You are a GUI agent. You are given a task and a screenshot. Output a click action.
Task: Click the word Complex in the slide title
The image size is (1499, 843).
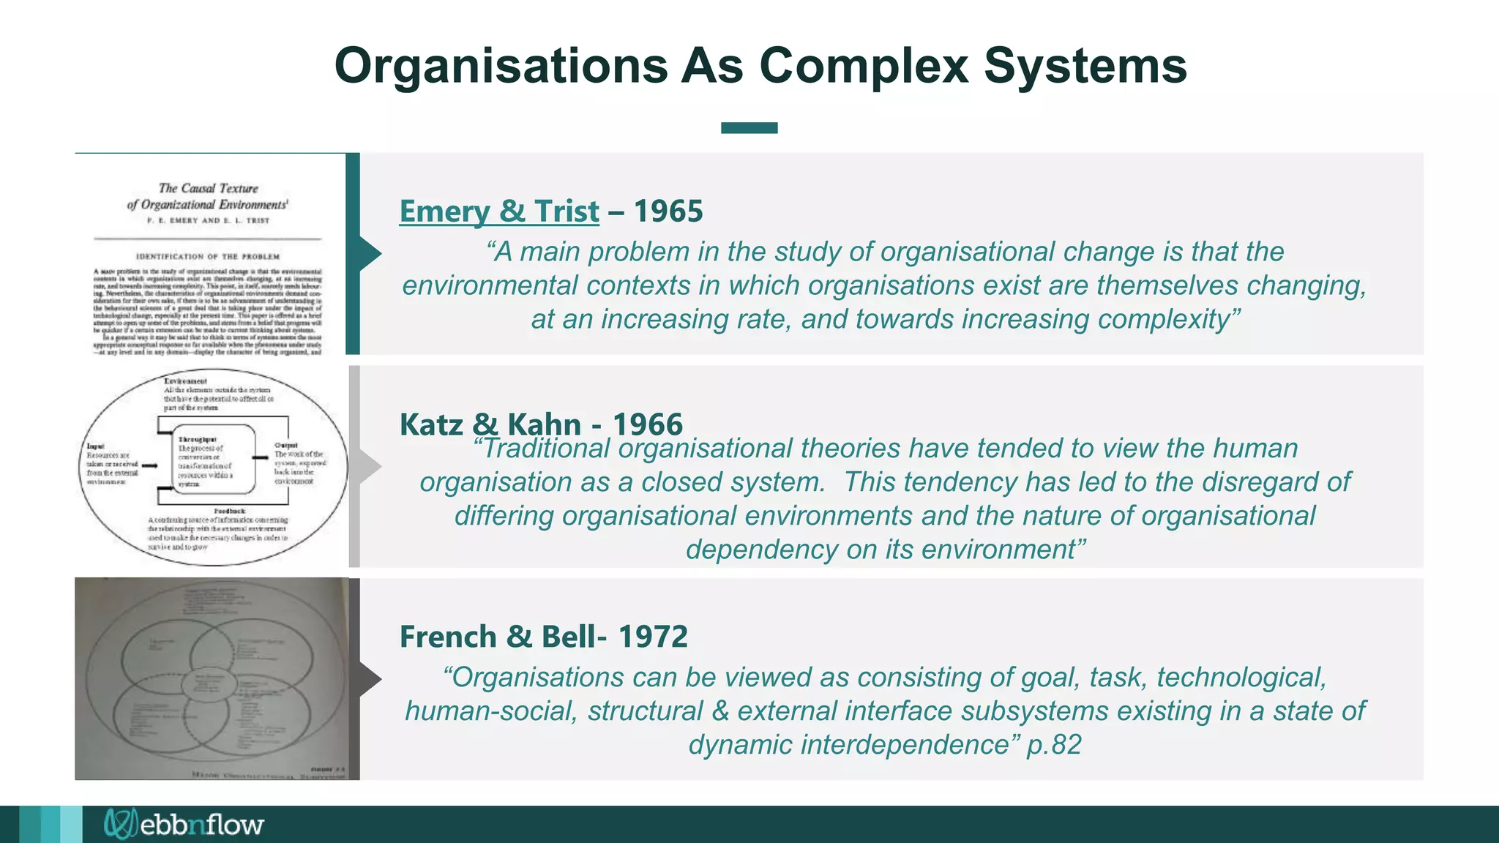864,66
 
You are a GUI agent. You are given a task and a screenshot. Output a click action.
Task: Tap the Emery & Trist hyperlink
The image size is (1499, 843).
498,211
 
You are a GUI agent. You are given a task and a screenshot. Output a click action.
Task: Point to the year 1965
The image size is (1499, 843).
668,211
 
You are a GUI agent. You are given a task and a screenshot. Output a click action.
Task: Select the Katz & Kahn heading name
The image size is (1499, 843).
490,424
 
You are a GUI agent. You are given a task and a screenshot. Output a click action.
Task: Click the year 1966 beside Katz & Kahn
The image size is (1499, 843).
647,424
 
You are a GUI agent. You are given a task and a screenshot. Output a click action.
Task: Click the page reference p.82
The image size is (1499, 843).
1054,745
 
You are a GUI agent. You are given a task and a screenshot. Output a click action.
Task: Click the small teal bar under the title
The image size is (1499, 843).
749,128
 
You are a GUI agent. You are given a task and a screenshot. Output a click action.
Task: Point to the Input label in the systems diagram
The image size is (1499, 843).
96,446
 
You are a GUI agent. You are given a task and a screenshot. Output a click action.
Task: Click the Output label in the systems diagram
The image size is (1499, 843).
285,445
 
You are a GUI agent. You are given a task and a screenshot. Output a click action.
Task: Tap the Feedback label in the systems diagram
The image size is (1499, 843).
229,511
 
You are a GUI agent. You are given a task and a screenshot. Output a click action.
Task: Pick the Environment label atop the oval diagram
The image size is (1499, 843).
185,381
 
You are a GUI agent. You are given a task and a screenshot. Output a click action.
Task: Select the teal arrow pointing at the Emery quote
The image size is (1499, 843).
370,254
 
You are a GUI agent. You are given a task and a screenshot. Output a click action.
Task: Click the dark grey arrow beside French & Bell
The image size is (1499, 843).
370,678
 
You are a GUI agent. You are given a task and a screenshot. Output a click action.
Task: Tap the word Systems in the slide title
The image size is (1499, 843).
1085,66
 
